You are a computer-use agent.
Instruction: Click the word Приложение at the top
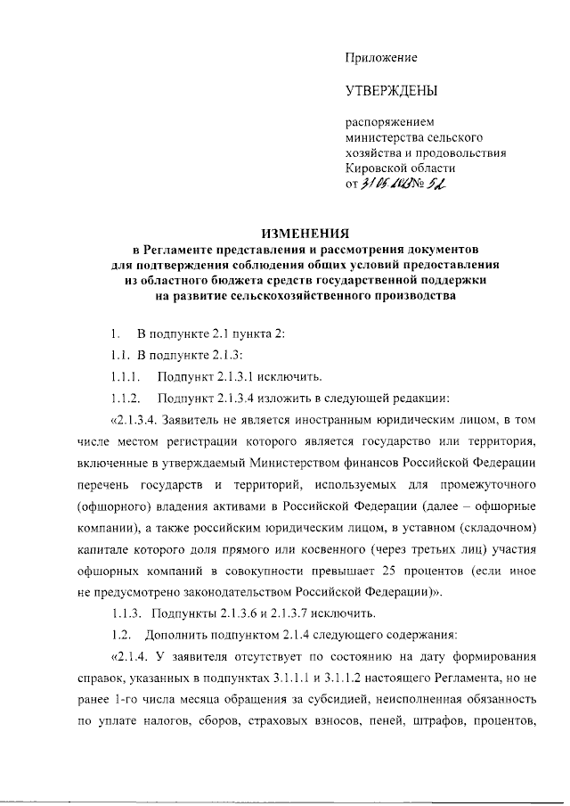click(x=381, y=58)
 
